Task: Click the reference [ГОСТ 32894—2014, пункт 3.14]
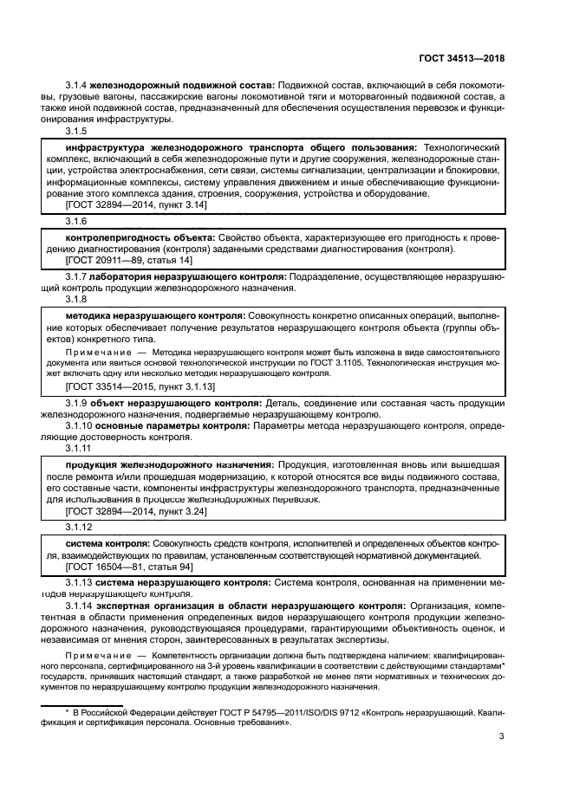[136, 205]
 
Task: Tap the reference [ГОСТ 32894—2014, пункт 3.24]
[136, 512]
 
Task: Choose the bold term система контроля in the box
[108, 543]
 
